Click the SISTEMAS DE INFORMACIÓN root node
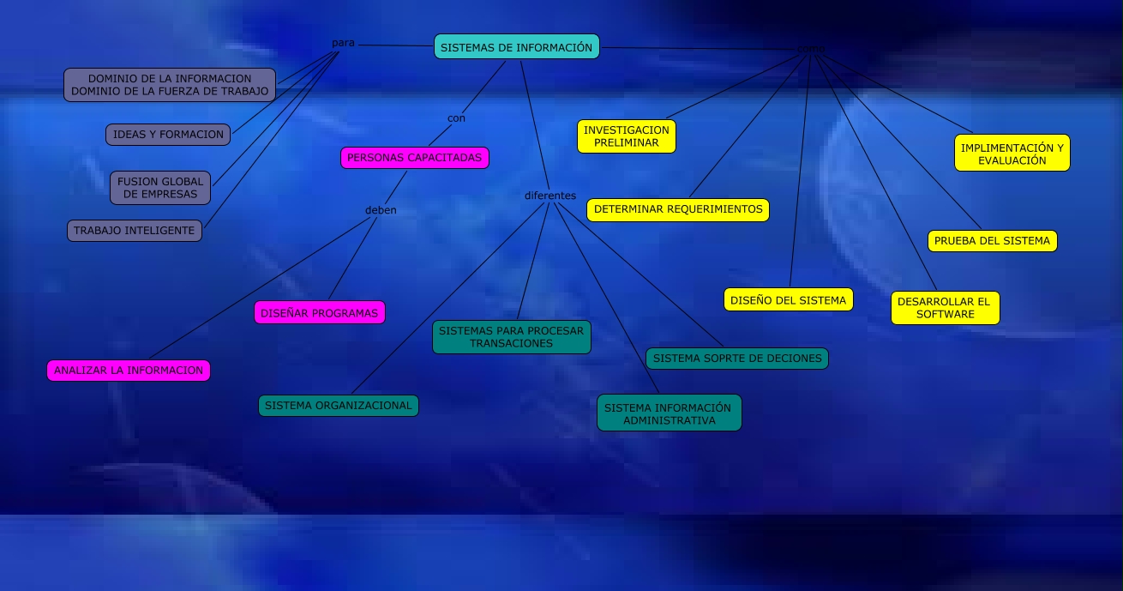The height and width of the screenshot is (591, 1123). click(x=516, y=47)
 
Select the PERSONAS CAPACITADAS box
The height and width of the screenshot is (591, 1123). click(x=415, y=158)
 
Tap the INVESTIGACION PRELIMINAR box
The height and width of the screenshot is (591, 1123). click(x=627, y=136)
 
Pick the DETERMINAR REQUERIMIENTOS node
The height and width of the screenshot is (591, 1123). click(x=678, y=209)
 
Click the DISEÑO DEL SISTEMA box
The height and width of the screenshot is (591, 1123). click(x=788, y=299)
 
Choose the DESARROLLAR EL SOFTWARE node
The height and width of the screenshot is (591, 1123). click(x=945, y=308)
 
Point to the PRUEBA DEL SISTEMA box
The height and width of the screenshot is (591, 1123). click(x=992, y=241)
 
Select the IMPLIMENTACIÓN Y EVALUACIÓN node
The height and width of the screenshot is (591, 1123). click(x=1012, y=154)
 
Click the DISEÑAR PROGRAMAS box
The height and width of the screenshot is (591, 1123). click(x=320, y=313)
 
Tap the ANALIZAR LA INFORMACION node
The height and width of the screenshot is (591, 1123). click(x=129, y=371)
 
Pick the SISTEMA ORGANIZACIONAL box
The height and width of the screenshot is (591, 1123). click(x=339, y=406)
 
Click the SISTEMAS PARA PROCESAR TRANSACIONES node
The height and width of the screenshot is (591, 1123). click(x=512, y=337)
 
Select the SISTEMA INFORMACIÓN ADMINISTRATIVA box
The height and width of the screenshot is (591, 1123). click(x=669, y=413)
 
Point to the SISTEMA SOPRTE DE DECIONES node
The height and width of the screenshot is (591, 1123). click(x=737, y=359)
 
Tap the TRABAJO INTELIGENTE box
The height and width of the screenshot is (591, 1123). click(x=135, y=231)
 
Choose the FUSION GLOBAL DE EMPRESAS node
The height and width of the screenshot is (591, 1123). click(x=160, y=188)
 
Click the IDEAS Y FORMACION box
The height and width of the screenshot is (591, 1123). click(x=168, y=135)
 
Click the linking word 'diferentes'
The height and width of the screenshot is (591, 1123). click(x=550, y=196)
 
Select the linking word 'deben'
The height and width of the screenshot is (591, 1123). click(x=381, y=210)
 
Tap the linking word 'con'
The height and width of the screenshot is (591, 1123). click(x=456, y=118)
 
